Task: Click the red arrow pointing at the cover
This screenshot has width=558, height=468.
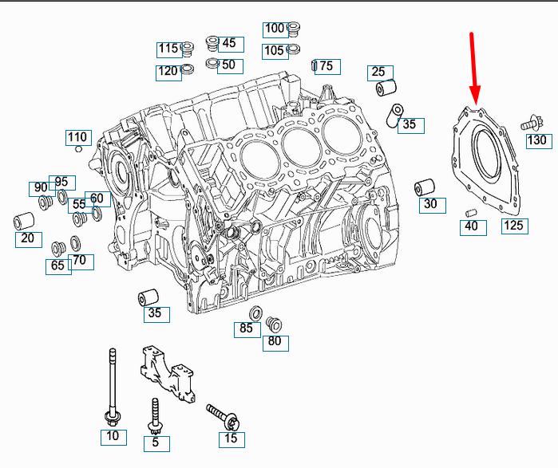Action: tap(473, 68)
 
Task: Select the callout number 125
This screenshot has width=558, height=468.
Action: tap(514, 226)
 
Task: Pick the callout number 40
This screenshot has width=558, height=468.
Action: tap(472, 226)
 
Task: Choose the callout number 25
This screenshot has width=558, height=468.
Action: tap(378, 73)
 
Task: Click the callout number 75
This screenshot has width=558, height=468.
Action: tap(326, 67)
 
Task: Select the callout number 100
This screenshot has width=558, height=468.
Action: tap(275, 29)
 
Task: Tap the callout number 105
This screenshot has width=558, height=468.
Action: tap(275, 51)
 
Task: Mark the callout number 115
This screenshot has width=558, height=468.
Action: tap(168, 49)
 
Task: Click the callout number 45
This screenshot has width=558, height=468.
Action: tap(229, 43)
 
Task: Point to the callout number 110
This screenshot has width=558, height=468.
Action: tap(77, 137)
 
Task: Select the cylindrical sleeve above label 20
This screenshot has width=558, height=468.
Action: tap(24, 219)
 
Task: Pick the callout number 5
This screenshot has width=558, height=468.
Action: tap(156, 442)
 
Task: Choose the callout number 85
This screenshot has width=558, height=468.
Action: tap(246, 328)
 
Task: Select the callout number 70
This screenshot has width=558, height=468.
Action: tap(79, 261)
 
